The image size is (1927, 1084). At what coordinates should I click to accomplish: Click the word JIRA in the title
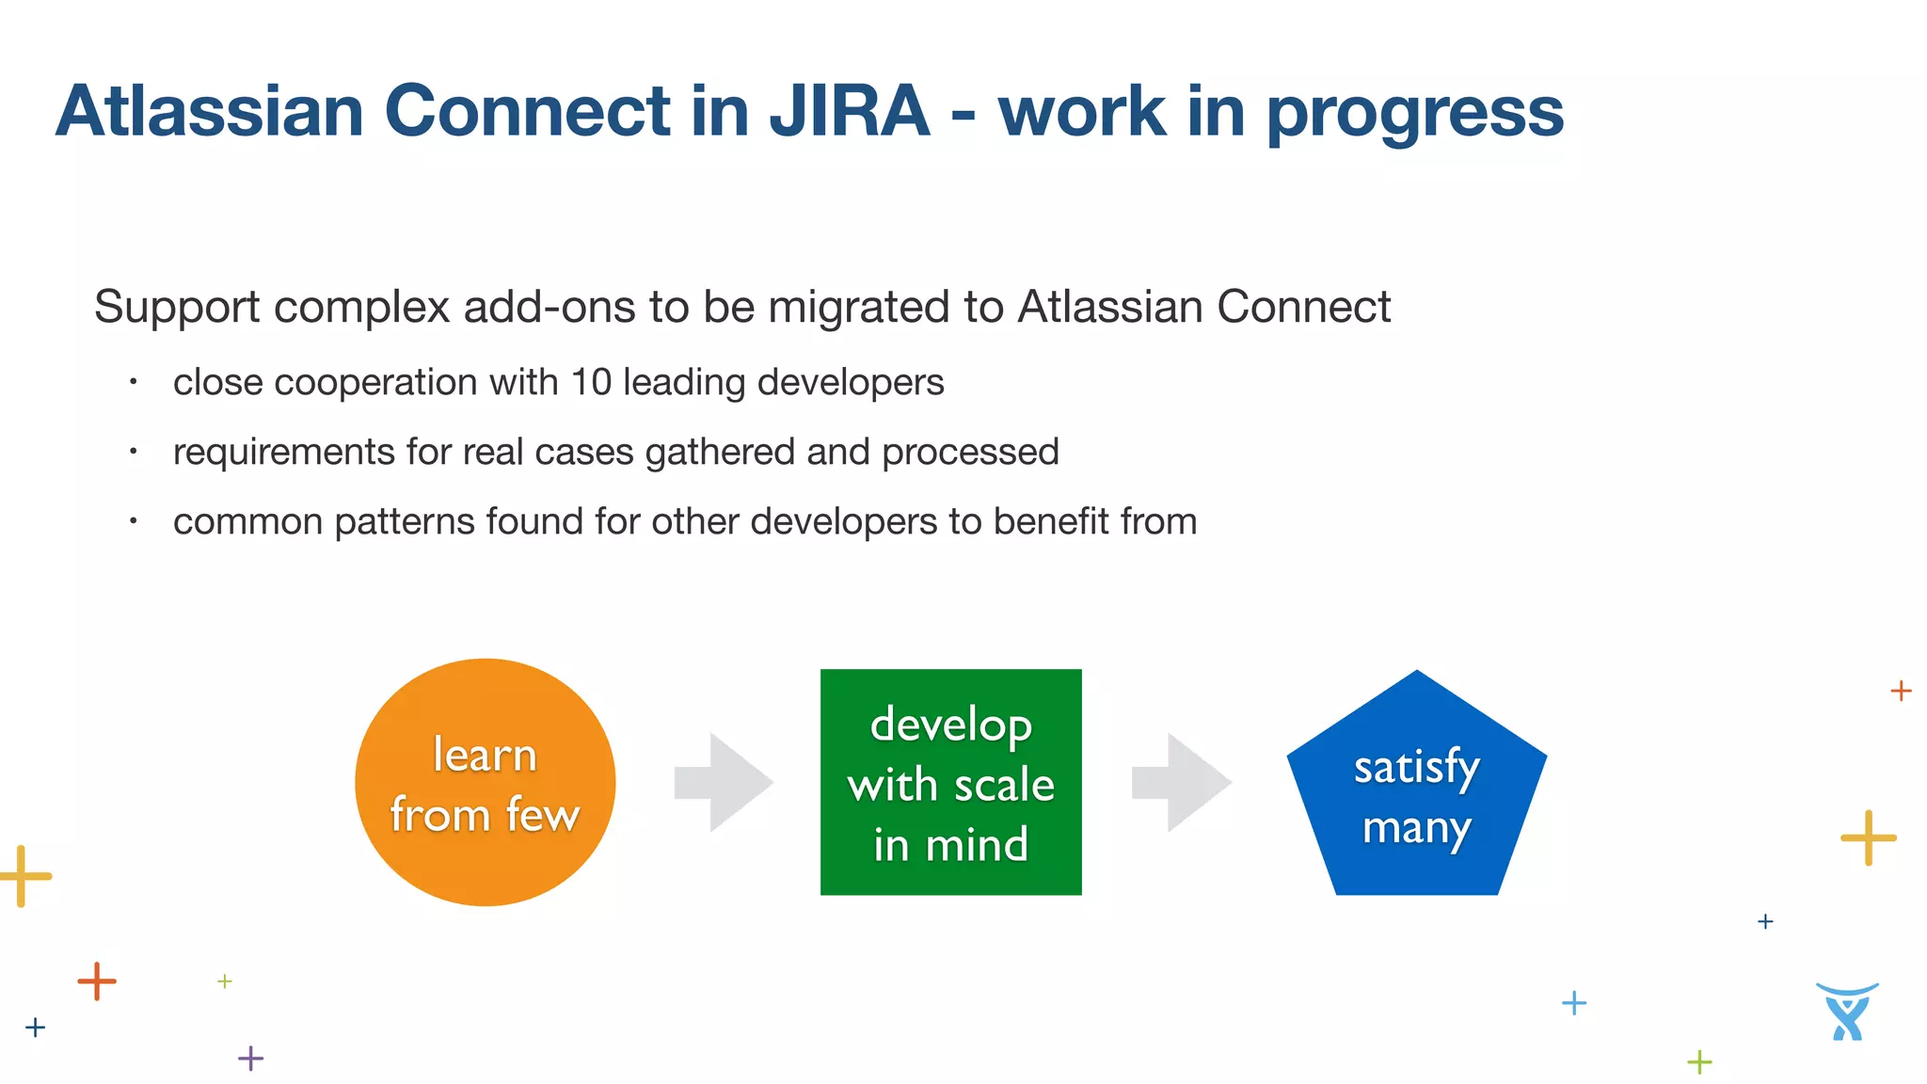(x=850, y=111)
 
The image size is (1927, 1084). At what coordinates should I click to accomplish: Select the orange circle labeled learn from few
(x=485, y=783)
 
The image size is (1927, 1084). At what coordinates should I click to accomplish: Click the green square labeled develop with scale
(x=950, y=783)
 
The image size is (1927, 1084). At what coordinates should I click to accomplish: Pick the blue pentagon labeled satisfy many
(x=1416, y=790)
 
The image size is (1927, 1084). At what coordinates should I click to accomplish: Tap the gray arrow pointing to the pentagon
(x=1182, y=782)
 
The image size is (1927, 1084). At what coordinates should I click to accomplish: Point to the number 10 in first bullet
(x=591, y=382)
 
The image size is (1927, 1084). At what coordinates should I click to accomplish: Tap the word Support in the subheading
(x=178, y=308)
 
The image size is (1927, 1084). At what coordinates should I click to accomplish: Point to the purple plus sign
(x=250, y=1059)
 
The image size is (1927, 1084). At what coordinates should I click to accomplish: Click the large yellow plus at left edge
(x=24, y=876)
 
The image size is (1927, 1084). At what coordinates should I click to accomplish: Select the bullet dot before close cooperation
(x=134, y=382)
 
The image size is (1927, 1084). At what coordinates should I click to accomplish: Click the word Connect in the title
(x=527, y=111)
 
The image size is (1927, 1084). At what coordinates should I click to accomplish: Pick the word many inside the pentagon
(x=1416, y=828)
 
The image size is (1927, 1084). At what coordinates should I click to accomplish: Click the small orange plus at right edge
(x=1901, y=691)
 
